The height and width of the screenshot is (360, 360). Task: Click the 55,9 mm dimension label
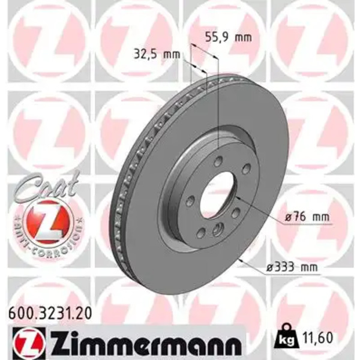[229, 37]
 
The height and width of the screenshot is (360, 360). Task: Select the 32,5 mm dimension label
[157, 55]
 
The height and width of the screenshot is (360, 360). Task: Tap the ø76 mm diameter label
[307, 217]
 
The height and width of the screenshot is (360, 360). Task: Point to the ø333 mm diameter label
[292, 267]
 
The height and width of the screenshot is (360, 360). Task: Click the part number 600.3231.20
[50, 313]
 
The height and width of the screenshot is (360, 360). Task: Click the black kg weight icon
[287, 337]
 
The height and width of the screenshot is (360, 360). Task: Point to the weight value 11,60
[317, 338]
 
